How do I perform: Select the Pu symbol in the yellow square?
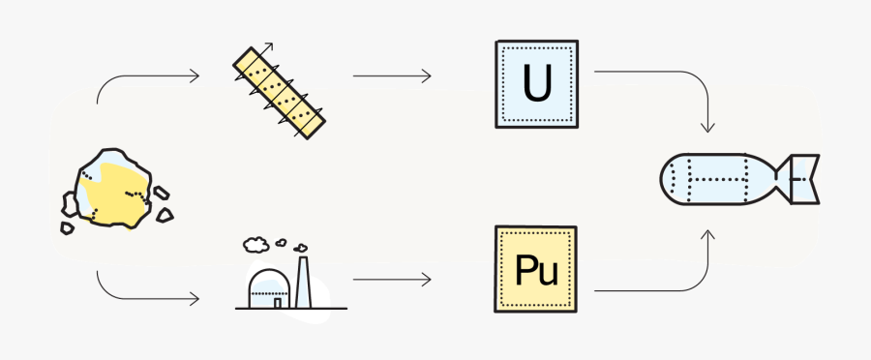click(535, 270)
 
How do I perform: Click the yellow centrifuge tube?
click(279, 90)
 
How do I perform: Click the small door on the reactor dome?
click(277, 301)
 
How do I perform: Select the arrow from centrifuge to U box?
click(391, 75)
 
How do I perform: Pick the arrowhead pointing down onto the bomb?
click(710, 127)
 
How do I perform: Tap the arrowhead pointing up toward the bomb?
click(710, 234)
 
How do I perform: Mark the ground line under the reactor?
click(290, 309)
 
